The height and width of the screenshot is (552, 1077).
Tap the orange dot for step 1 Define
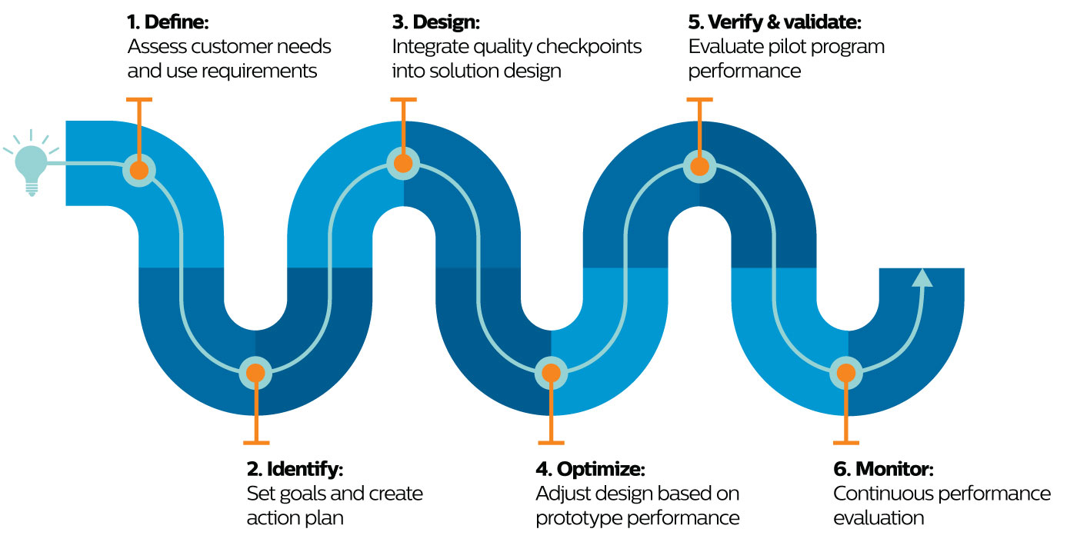(x=139, y=170)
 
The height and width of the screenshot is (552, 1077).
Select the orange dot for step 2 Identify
(x=256, y=374)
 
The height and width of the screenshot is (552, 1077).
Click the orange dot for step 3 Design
(x=403, y=163)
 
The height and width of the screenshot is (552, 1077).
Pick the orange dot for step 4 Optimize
(x=551, y=374)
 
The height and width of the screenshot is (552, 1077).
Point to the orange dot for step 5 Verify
(x=699, y=166)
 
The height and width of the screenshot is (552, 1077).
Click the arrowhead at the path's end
(x=922, y=278)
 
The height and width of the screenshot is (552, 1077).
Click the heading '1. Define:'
(x=168, y=22)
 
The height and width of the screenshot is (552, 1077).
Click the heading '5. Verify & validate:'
(x=775, y=22)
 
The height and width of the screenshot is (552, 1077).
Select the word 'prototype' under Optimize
(x=578, y=518)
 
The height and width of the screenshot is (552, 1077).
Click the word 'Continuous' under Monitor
(x=881, y=494)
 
